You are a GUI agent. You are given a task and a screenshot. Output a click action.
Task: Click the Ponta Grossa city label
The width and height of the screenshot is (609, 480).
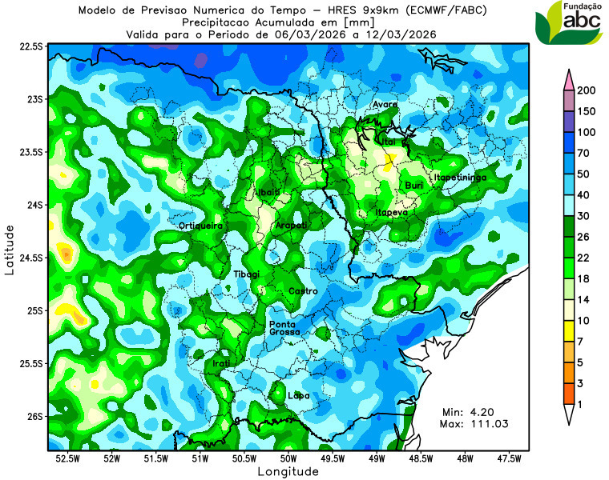pos(284,327)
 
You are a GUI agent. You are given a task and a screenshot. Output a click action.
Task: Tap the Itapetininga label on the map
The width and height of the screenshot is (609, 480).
pos(460,177)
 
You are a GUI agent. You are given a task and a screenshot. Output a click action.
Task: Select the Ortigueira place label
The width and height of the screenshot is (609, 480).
pos(200,226)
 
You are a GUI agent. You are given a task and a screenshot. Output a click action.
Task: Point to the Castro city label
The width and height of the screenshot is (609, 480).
pos(303,290)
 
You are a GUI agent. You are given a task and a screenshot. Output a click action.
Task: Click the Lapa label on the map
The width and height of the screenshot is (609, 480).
pos(298,395)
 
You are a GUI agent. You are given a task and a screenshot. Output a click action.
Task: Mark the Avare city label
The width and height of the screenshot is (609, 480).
pos(385,105)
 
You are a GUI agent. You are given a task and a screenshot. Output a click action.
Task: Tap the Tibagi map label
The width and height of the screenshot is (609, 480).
pos(247,274)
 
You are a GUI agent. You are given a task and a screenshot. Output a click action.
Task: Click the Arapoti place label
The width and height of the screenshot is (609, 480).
pos(292,226)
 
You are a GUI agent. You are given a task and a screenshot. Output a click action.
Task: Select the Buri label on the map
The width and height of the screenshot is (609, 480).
pos(414,186)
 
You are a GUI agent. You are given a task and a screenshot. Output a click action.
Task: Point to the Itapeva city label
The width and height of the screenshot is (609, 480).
pos(392,213)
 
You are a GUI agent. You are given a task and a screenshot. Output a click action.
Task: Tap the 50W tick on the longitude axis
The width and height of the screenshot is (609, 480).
pos(288,459)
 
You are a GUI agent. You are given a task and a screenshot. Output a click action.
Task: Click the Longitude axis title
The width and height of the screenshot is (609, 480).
pos(288,472)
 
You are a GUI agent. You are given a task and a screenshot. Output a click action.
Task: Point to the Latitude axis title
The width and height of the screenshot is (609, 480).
pos(10,250)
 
